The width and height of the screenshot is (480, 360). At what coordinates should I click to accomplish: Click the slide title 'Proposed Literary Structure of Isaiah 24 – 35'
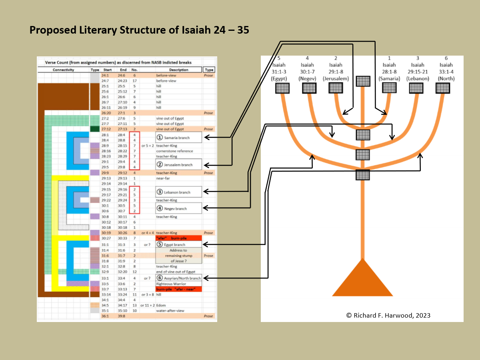pos(139,30)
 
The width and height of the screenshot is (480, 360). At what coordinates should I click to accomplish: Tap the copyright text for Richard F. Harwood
pos(388,315)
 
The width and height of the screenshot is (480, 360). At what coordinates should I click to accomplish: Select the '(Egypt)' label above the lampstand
pos(282,79)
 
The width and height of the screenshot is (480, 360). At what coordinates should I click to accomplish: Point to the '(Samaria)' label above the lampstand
pos(389,79)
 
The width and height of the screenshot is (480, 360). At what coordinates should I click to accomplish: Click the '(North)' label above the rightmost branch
pos(446,79)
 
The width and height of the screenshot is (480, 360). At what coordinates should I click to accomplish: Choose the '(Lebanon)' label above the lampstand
pos(417,79)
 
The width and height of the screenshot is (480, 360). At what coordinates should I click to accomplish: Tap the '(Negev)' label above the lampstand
pos(309,79)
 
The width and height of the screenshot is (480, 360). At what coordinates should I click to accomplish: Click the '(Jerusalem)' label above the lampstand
pos(336,79)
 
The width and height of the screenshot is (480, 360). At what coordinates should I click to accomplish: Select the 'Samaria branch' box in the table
pos(178,138)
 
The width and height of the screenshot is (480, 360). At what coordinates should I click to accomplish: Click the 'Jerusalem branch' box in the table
pos(178,164)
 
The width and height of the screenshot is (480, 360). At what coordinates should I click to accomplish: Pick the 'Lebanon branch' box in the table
pos(178,192)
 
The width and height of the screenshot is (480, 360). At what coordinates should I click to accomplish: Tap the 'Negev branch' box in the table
pos(178,208)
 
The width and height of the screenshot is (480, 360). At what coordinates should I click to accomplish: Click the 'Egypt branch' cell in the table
pos(178,244)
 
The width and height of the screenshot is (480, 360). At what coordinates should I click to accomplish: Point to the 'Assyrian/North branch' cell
pos(178,278)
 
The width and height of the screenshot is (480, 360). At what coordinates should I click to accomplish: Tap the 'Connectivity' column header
pos(63,70)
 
